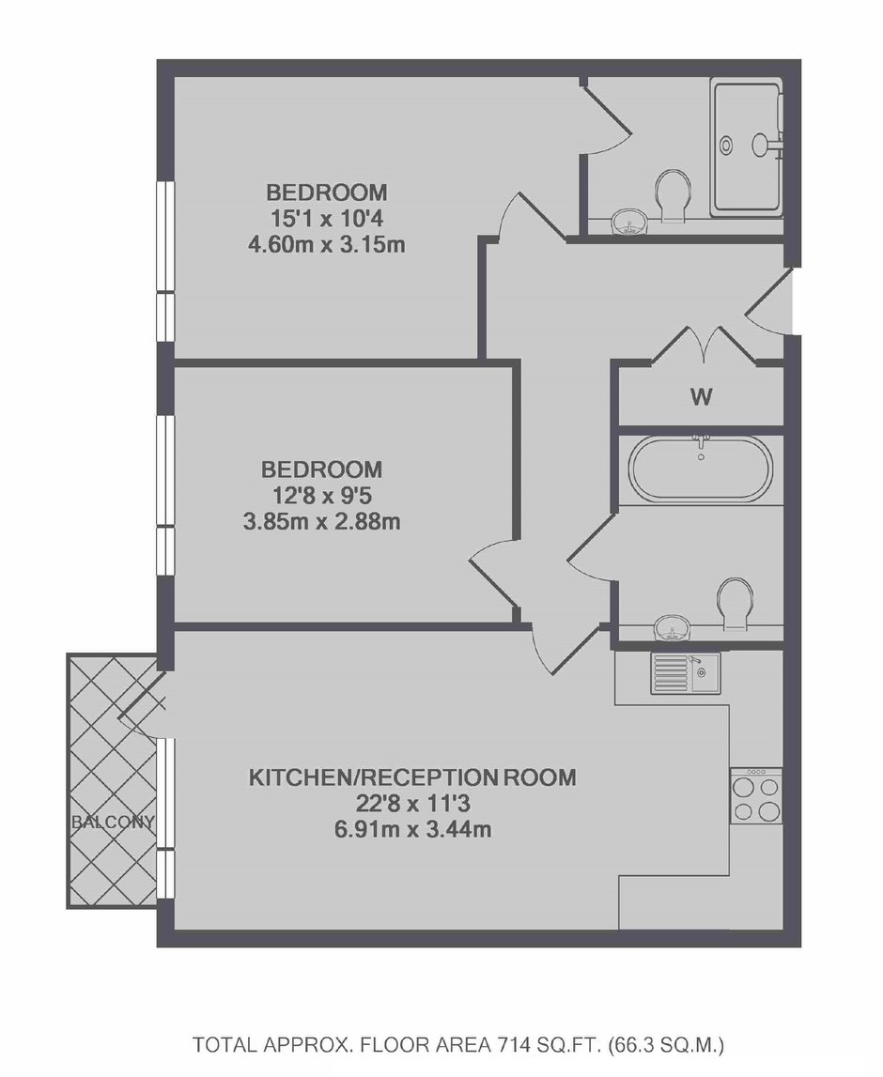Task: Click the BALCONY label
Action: [113, 822]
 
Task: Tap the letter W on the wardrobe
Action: [701, 396]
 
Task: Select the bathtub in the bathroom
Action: [700, 467]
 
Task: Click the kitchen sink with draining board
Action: [685, 672]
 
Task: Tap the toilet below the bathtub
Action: [735, 604]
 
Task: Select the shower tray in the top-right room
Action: [747, 146]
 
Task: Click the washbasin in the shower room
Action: [628, 222]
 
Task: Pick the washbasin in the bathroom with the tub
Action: [672, 628]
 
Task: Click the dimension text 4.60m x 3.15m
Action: [326, 244]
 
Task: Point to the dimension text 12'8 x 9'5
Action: [322, 495]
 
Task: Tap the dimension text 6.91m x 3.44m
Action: [412, 830]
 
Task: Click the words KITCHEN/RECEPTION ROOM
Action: [412, 777]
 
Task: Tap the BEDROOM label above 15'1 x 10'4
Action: [326, 192]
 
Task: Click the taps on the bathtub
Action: [701, 444]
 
